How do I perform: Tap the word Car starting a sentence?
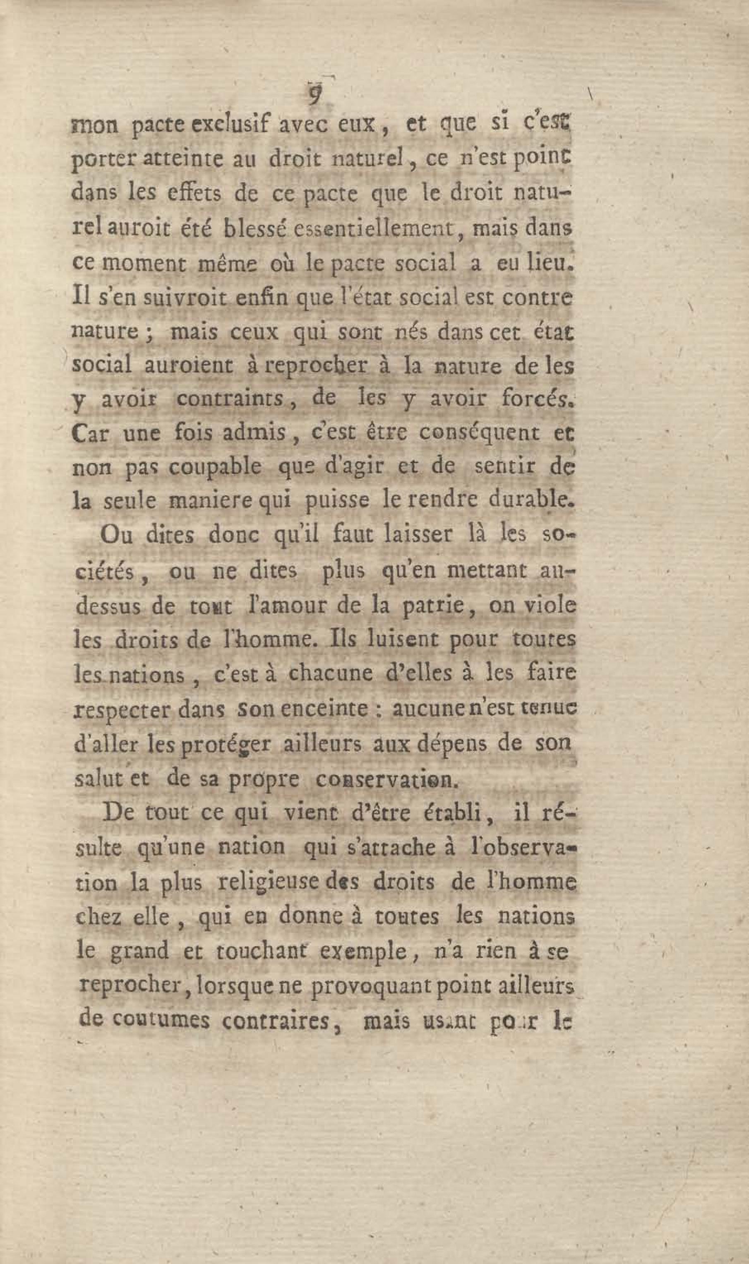pos(91,434)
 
